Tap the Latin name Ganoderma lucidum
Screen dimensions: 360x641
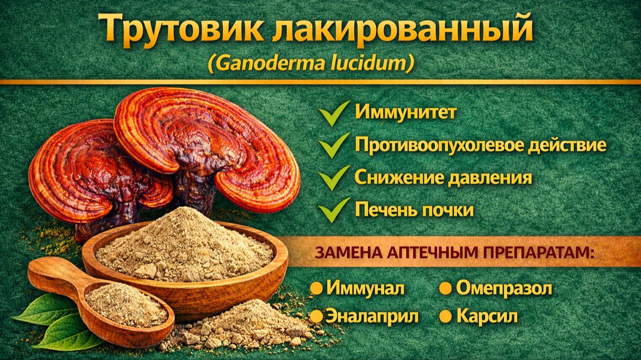click(310, 64)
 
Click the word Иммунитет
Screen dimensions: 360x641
click(406, 112)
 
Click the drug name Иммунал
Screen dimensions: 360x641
click(365, 288)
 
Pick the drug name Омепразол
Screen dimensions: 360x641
click(504, 288)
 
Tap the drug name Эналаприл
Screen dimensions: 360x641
click(372, 316)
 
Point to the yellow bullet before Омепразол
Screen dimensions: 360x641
click(445, 288)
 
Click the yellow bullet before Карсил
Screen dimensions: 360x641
click(445, 316)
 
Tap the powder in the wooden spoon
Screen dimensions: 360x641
click(125, 304)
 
